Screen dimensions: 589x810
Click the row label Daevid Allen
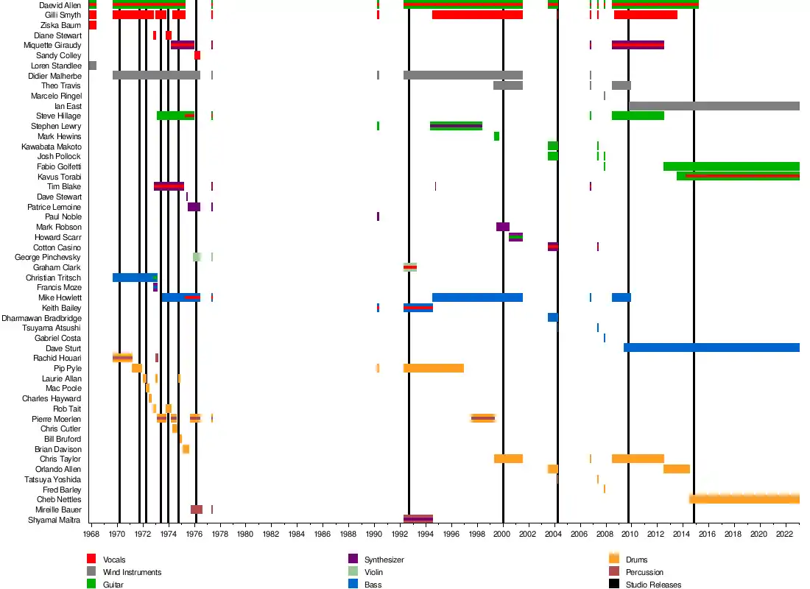click(60, 5)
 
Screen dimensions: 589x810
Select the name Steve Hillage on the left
click(59, 116)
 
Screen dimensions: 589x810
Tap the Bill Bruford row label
click(63, 439)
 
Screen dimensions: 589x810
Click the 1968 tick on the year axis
click(91, 533)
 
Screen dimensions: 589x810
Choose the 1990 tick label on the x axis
click(373, 533)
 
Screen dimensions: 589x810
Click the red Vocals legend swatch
click(92, 560)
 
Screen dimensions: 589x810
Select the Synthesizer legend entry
click(384, 560)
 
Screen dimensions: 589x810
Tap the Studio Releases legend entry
click(653, 585)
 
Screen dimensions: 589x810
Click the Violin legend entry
click(373, 572)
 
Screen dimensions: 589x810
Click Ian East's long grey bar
click(714, 106)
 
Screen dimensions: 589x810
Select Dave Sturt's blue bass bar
click(711, 348)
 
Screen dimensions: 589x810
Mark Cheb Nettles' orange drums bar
click(744, 499)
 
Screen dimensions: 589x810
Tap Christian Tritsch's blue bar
click(135, 278)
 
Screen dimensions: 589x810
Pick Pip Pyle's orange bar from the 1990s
click(433, 368)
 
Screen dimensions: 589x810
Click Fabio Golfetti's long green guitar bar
click(731, 166)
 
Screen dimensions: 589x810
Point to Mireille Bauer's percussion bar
click(197, 509)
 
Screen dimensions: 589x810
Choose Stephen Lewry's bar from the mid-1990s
click(456, 126)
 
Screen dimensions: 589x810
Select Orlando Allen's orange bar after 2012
click(677, 469)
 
